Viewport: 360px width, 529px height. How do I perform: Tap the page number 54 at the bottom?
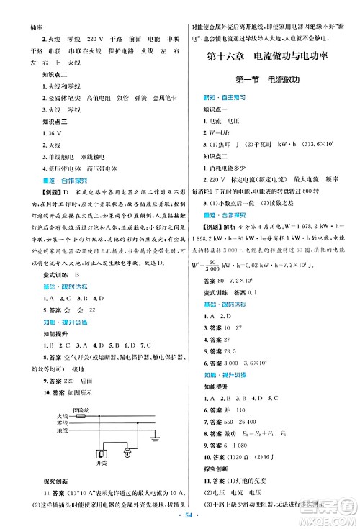pos(180,517)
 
